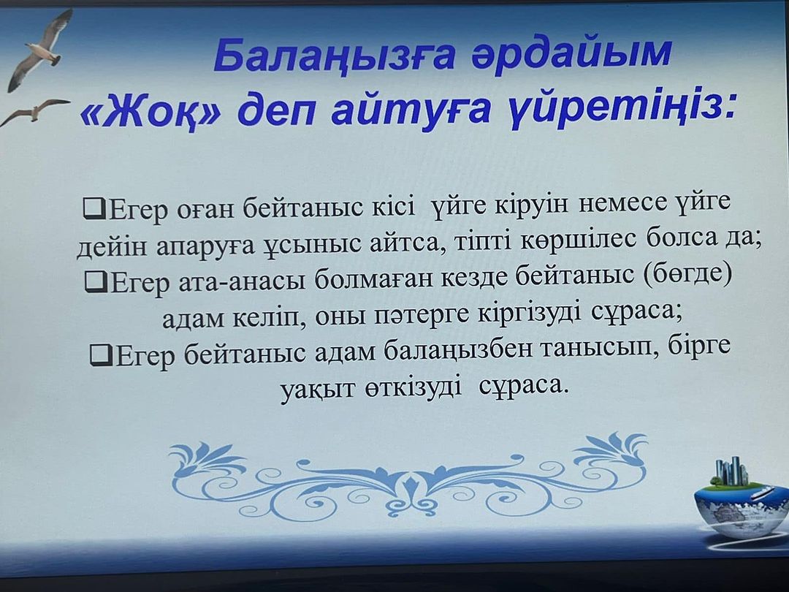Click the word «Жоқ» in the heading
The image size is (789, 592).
pos(150,110)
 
